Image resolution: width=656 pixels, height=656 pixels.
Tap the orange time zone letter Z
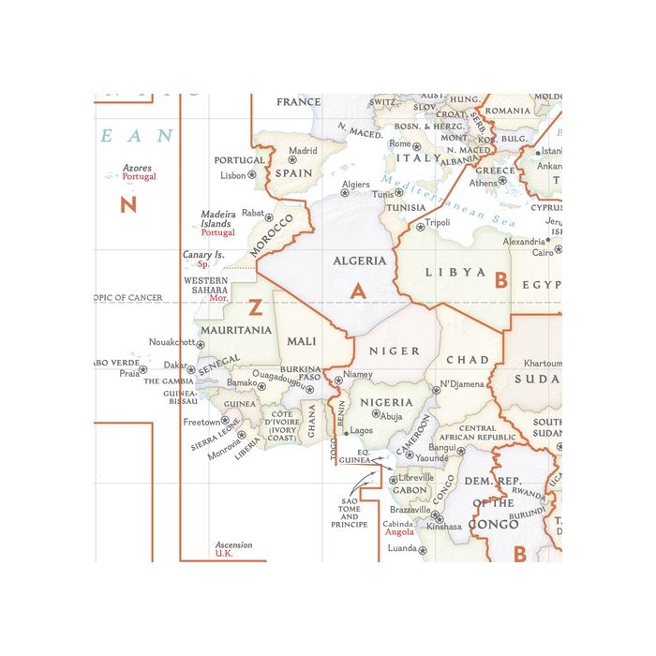255,306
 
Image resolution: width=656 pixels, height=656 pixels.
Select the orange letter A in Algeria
357,291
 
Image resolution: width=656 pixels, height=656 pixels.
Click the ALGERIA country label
360,261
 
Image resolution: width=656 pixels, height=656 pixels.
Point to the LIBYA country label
456,273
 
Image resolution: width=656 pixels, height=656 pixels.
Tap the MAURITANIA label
234,330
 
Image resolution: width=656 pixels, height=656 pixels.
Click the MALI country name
302,341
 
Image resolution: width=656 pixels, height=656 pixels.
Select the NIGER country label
395,351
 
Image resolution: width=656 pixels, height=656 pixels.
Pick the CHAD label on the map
467,360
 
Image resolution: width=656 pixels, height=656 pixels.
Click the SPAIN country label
293,173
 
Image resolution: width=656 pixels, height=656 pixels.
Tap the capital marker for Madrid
291,160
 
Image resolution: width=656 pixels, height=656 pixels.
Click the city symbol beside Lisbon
252,175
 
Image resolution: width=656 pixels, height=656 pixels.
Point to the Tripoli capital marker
420,227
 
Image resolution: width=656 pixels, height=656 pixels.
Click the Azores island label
138,169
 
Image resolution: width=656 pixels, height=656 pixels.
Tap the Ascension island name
233,544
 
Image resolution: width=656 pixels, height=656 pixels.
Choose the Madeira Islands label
217,219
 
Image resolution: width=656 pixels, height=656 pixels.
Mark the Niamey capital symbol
339,380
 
